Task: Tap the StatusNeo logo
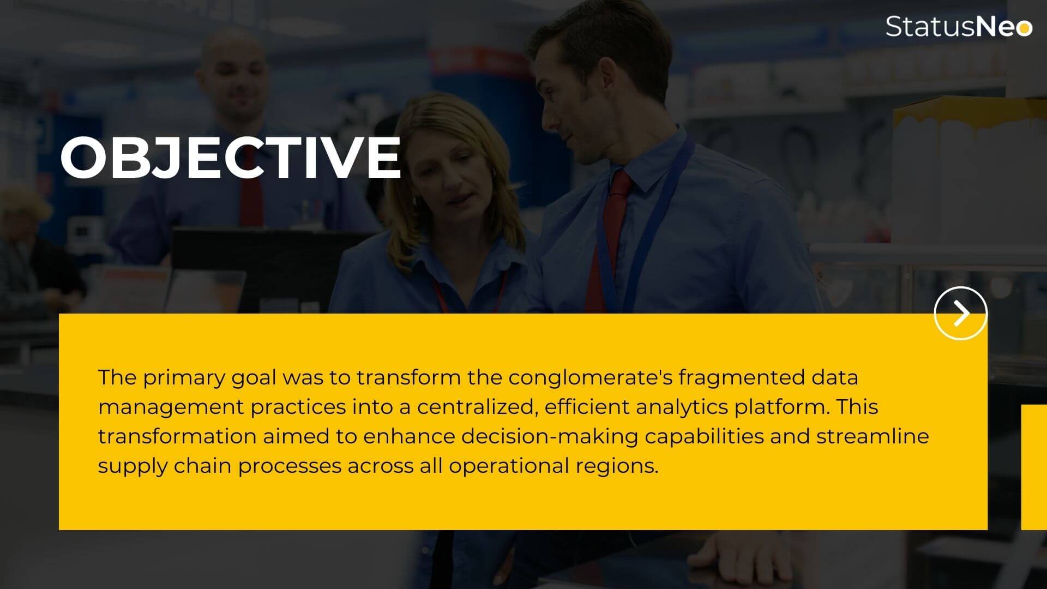pos(959,26)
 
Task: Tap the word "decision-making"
pos(550,437)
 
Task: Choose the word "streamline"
pos(872,436)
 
